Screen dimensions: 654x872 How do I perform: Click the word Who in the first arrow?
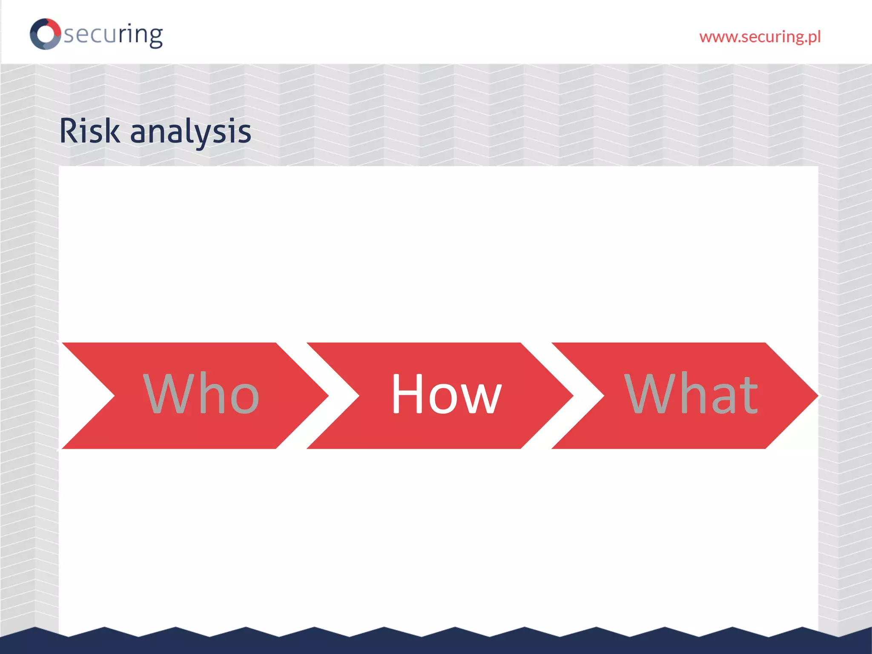click(x=201, y=394)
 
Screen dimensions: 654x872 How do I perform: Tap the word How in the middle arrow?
click(x=446, y=394)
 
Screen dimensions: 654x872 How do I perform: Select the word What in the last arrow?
click(x=691, y=394)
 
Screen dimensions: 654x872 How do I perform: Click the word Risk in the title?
click(x=89, y=131)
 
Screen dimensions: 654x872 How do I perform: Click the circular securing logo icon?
click(x=45, y=34)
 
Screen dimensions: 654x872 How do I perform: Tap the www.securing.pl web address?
click(x=760, y=37)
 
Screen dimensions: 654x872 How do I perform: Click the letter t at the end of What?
click(x=748, y=395)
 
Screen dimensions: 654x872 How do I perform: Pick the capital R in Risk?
click(x=70, y=131)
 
